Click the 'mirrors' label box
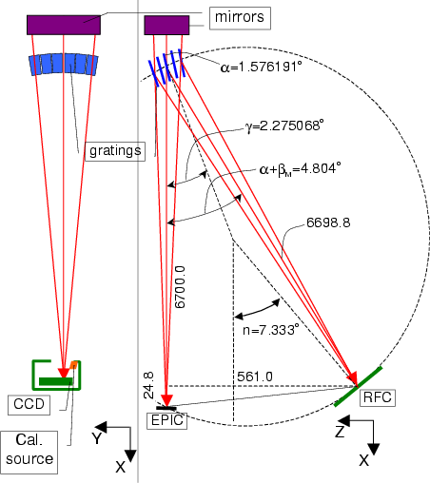240,18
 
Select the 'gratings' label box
115,151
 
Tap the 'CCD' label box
29,405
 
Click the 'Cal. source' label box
29,453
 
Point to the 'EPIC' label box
167,421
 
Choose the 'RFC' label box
378,397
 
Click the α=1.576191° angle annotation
261,68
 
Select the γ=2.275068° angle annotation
284,126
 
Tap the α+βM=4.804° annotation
300,169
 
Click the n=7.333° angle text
271,330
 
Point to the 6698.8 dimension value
328,222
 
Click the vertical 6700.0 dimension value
180,287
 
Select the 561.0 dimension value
255,377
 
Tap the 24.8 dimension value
148,385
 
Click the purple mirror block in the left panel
64,25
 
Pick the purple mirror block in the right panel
166,25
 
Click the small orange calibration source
73,365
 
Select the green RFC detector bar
359,387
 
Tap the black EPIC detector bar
166,408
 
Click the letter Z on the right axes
340,432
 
